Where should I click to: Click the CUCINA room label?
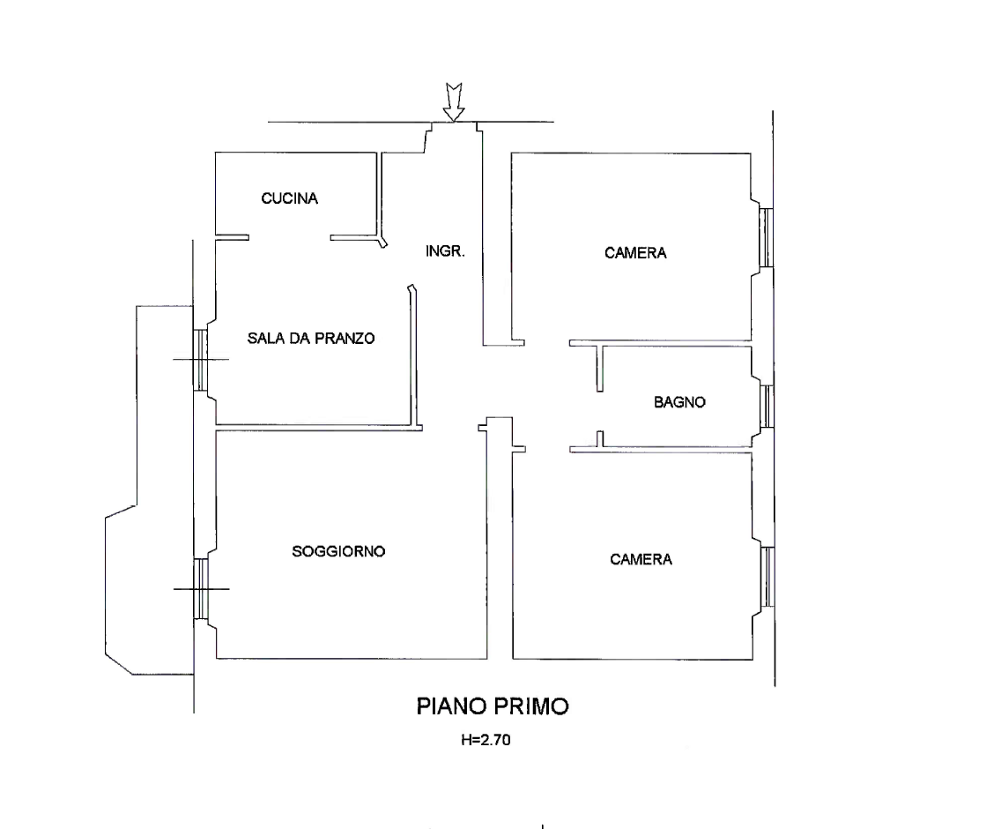[289, 198]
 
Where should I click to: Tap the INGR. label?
[445, 251]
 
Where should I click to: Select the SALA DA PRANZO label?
[311, 338]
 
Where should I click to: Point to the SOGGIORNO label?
[338, 551]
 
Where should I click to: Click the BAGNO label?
[679, 402]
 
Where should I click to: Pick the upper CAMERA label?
[635, 253]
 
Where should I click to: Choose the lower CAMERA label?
[641, 559]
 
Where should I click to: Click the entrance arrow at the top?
[454, 101]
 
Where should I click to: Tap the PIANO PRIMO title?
[493, 706]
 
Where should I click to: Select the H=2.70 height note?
[486, 740]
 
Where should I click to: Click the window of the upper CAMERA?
[766, 237]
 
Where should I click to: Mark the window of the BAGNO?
[767, 406]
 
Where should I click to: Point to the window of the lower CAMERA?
[767, 577]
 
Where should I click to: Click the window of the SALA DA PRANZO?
[199, 361]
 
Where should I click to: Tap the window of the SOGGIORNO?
[200, 589]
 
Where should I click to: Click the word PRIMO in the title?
[533, 706]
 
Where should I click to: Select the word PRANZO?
[345, 338]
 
